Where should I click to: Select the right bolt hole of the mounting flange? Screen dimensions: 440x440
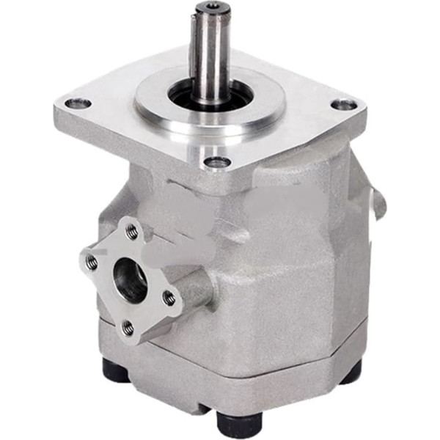pyautogui.click(x=343, y=105)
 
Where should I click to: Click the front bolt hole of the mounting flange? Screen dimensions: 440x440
pyautogui.click(x=217, y=162)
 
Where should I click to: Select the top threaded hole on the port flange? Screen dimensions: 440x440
pyautogui.click(x=132, y=232)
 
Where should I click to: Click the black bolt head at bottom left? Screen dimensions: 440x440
pyautogui.click(x=116, y=371)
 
